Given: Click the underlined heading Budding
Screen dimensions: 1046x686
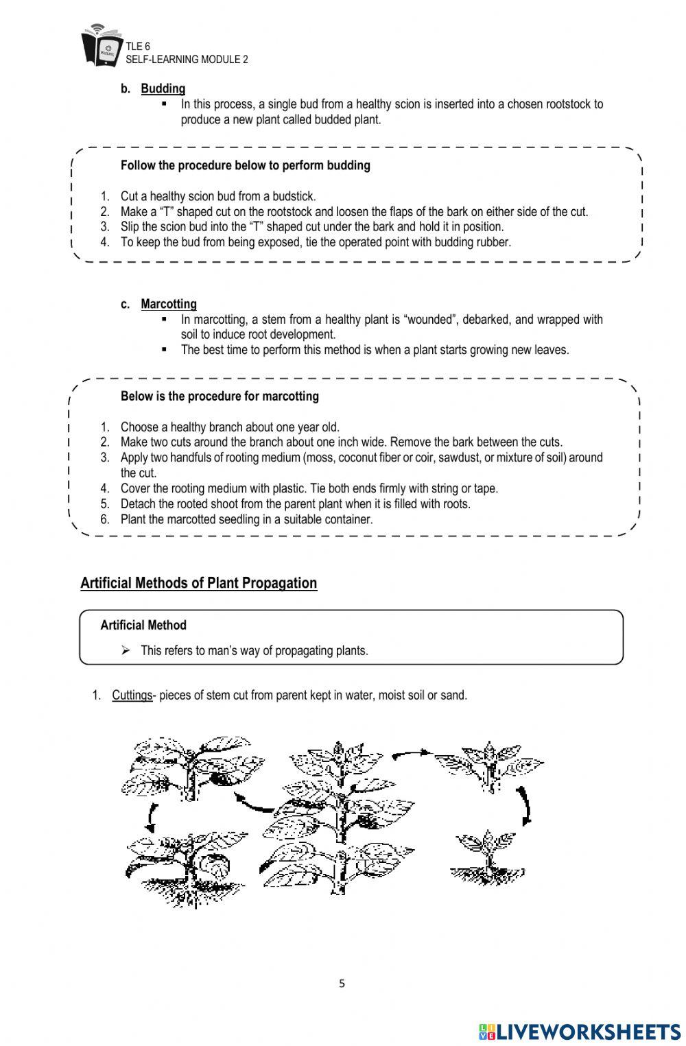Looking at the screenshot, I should click(163, 88).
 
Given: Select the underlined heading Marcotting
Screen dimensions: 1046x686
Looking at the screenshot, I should click(168, 304).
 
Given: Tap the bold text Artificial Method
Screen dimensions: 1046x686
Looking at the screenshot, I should click(143, 625).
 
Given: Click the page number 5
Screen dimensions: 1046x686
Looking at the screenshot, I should click(342, 984).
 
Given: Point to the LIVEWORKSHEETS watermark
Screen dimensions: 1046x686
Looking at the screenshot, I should click(580, 1032).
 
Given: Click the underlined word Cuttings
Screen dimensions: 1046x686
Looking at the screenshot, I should click(132, 695).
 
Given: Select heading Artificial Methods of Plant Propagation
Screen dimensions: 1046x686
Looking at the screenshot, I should click(198, 583).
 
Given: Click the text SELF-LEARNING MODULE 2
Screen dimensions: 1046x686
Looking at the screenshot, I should click(187, 60).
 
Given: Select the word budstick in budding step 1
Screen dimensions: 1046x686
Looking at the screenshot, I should click(294, 196).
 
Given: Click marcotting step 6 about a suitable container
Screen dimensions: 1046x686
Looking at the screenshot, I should click(246, 519).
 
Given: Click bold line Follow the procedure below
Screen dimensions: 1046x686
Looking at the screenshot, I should click(245, 165).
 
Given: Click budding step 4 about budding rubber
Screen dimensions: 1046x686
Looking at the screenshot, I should click(316, 242).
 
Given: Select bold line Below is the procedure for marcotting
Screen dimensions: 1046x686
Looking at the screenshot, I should click(220, 396).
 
